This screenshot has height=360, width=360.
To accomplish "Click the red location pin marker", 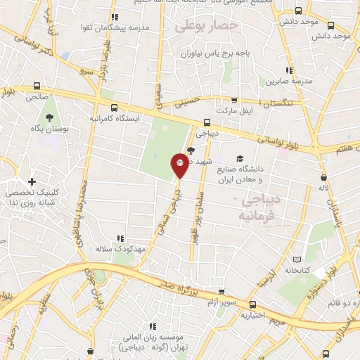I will (180, 167).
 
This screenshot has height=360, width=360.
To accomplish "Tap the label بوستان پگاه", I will (49, 129).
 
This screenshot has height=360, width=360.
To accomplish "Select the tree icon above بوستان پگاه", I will (49, 117).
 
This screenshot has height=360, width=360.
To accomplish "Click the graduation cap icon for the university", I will (240, 159).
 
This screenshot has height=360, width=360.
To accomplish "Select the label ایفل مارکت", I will (234, 111).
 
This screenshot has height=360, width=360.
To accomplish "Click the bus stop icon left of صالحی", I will (36, 86).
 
